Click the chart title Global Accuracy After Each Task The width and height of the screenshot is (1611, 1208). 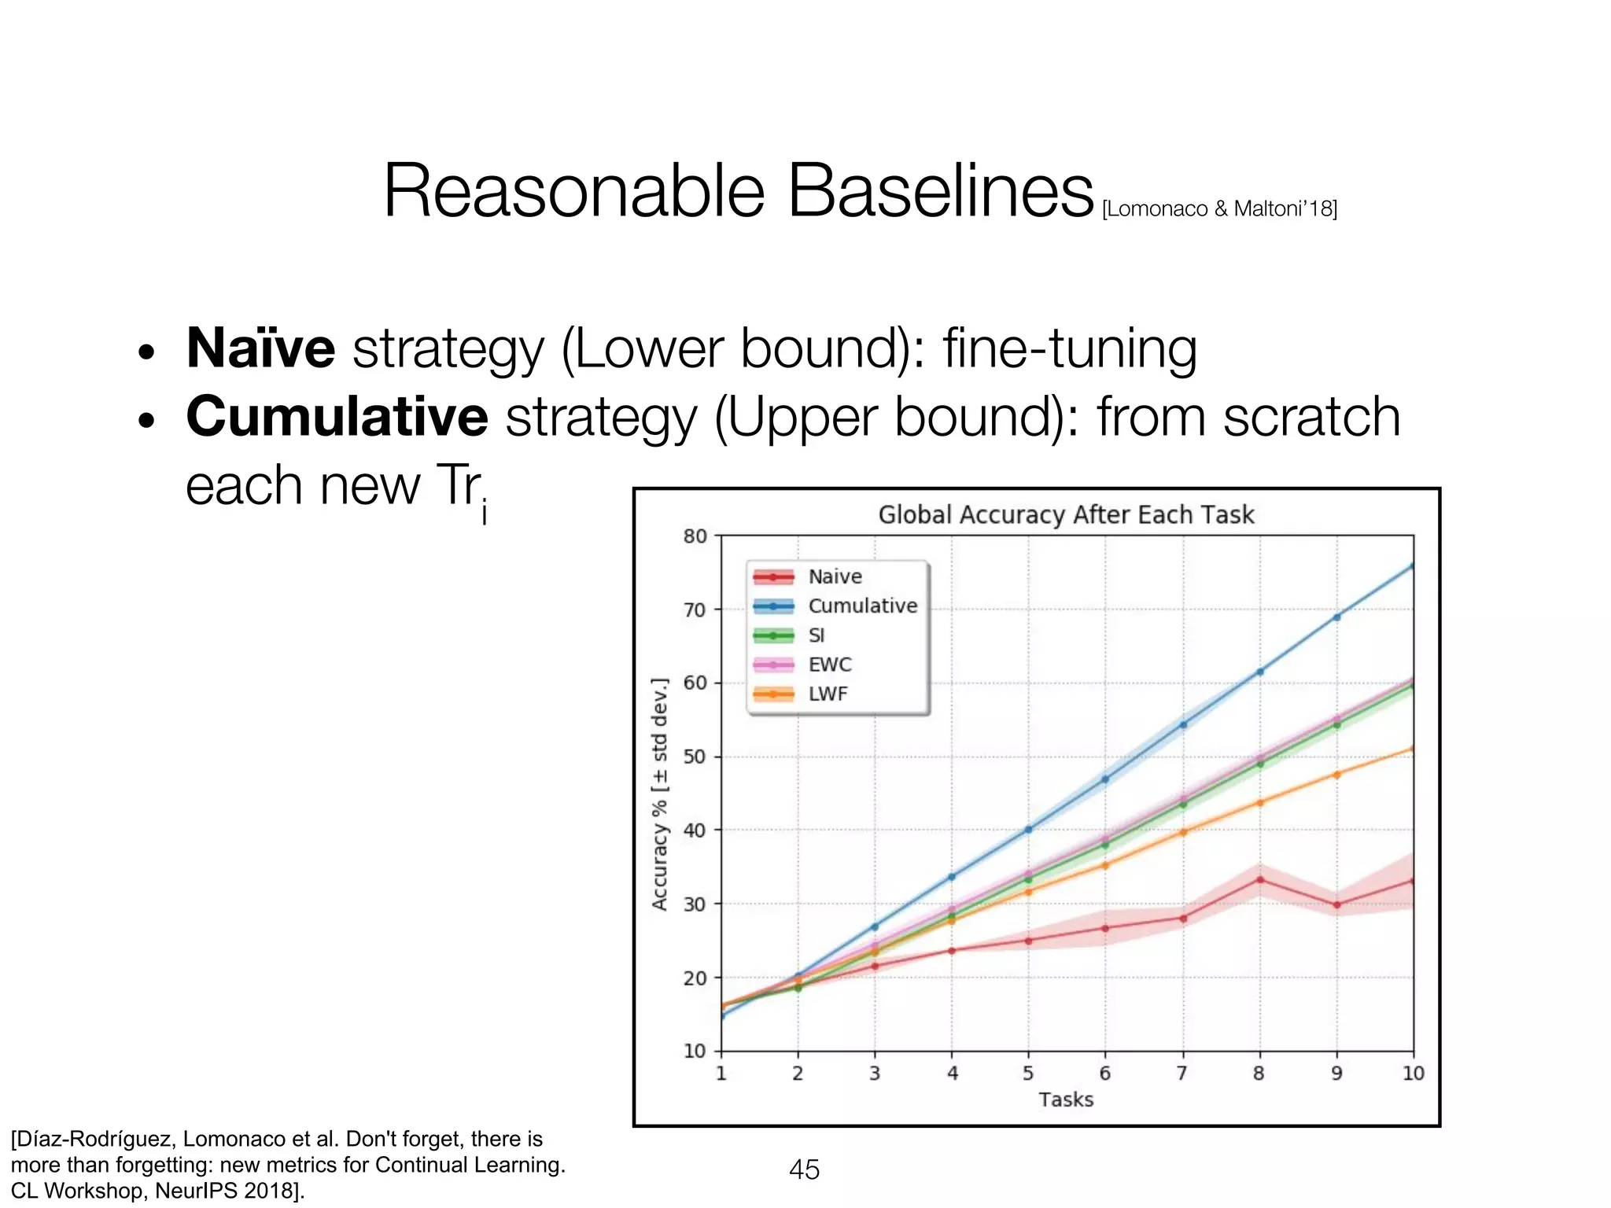(x=1066, y=515)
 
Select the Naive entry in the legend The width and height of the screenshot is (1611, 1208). (x=835, y=576)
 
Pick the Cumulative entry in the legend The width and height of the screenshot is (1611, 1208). (x=862, y=606)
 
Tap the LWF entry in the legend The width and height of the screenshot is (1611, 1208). (x=828, y=694)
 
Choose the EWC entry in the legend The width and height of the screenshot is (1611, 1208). (x=830, y=665)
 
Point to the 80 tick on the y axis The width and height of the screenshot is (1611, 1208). (x=695, y=536)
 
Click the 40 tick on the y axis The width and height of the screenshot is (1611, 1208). (x=695, y=830)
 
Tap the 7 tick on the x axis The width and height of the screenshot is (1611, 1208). (x=1182, y=1074)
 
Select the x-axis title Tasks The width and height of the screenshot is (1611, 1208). (x=1066, y=1099)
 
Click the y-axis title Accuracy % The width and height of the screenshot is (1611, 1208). (x=660, y=794)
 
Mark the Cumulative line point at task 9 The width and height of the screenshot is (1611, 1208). (x=1336, y=617)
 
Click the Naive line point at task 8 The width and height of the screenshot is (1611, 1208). (x=1259, y=879)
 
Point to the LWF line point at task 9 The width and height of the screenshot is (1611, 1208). (x=1336, y=775)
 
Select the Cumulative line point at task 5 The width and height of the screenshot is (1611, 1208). (x=1028, y=829)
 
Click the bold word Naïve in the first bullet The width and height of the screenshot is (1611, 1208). (x=260, y=348)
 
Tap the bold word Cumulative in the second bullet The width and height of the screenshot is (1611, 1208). (x=337, y=416)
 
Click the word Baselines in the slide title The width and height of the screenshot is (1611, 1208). (x=940, y=192)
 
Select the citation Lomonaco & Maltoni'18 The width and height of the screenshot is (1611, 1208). (x=1219, y=208)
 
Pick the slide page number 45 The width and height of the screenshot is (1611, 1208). (x=804, y=1169)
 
